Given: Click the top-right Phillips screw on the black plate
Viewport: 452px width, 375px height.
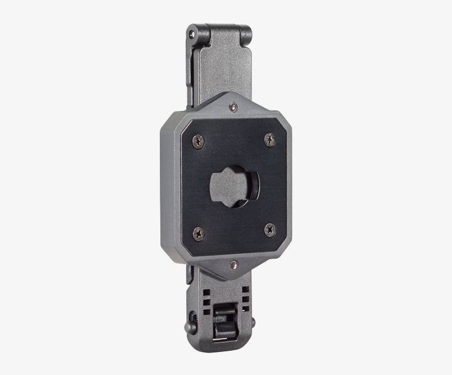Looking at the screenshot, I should [269, 139].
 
